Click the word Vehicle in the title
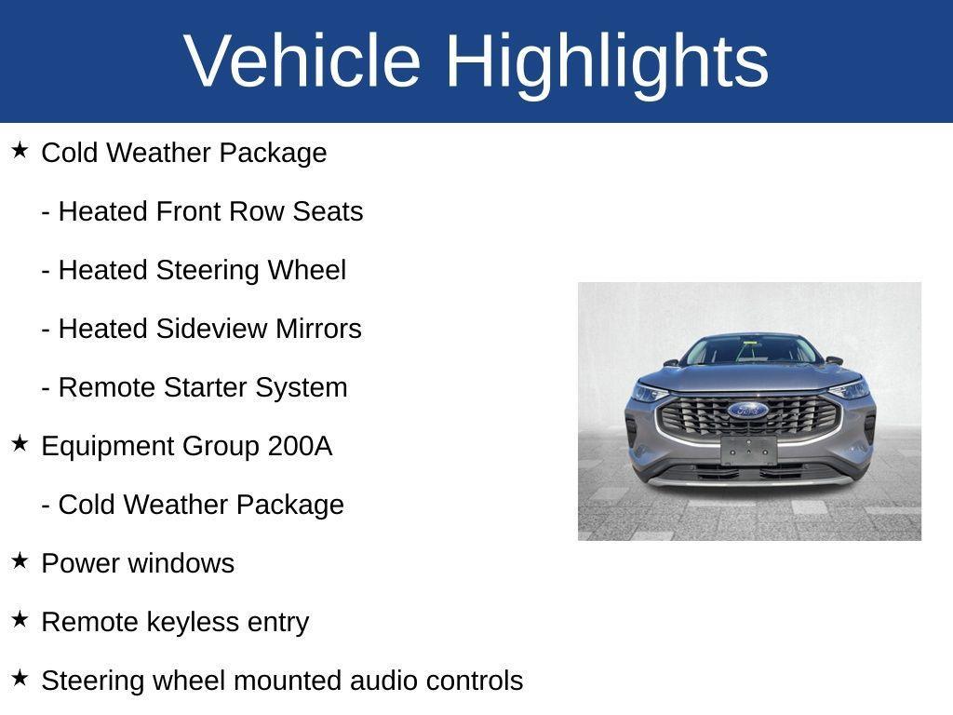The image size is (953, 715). click(302, 61)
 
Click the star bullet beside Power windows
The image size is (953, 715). click(20, 560)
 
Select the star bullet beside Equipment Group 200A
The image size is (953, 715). click(20, 443)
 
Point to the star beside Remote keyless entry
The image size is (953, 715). click(20, 619)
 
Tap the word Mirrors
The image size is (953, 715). click(318, 329)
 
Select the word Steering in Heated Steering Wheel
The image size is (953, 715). click(208, 271)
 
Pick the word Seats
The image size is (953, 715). click(328, 211)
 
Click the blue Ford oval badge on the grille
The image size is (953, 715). click(747, 410)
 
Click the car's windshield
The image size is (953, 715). click(750, 350)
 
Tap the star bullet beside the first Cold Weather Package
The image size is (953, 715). click(20, 150)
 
